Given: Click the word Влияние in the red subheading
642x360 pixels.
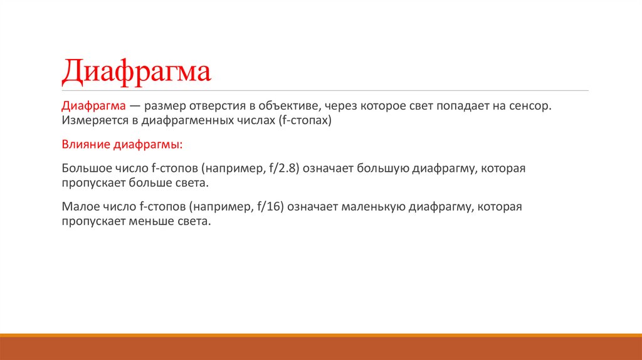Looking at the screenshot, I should click(x=85, y=145).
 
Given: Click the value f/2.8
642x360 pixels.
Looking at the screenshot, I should click(x=285, y=169).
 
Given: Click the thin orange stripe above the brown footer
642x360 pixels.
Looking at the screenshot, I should click(x=321, y=336).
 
